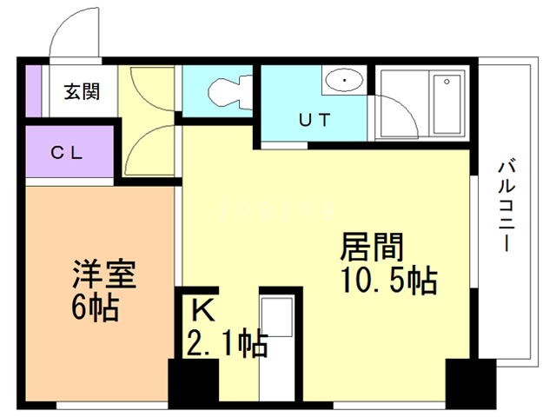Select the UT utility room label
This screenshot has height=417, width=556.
[315, 121]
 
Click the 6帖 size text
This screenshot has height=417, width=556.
[95, 307]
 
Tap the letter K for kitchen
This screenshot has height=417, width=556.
[202, 309]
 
